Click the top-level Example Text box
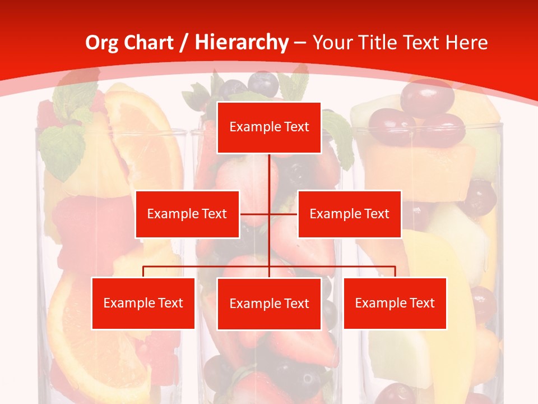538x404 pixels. point(269,127)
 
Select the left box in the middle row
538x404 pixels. point(187,214)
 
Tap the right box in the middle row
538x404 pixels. point(349,214)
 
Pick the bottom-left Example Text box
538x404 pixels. point(143,303)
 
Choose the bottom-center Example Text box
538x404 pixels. point(269,304)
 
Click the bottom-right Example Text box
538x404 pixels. point(395,303)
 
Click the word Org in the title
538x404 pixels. point(101,43)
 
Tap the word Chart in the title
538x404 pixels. point(149,43)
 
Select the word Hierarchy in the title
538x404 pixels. point(242,43)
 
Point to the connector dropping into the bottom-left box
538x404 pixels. point(143,272)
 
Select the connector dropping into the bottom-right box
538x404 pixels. point(395,272)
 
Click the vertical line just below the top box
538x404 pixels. point(270,168)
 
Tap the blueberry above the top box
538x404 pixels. point(263,82)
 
